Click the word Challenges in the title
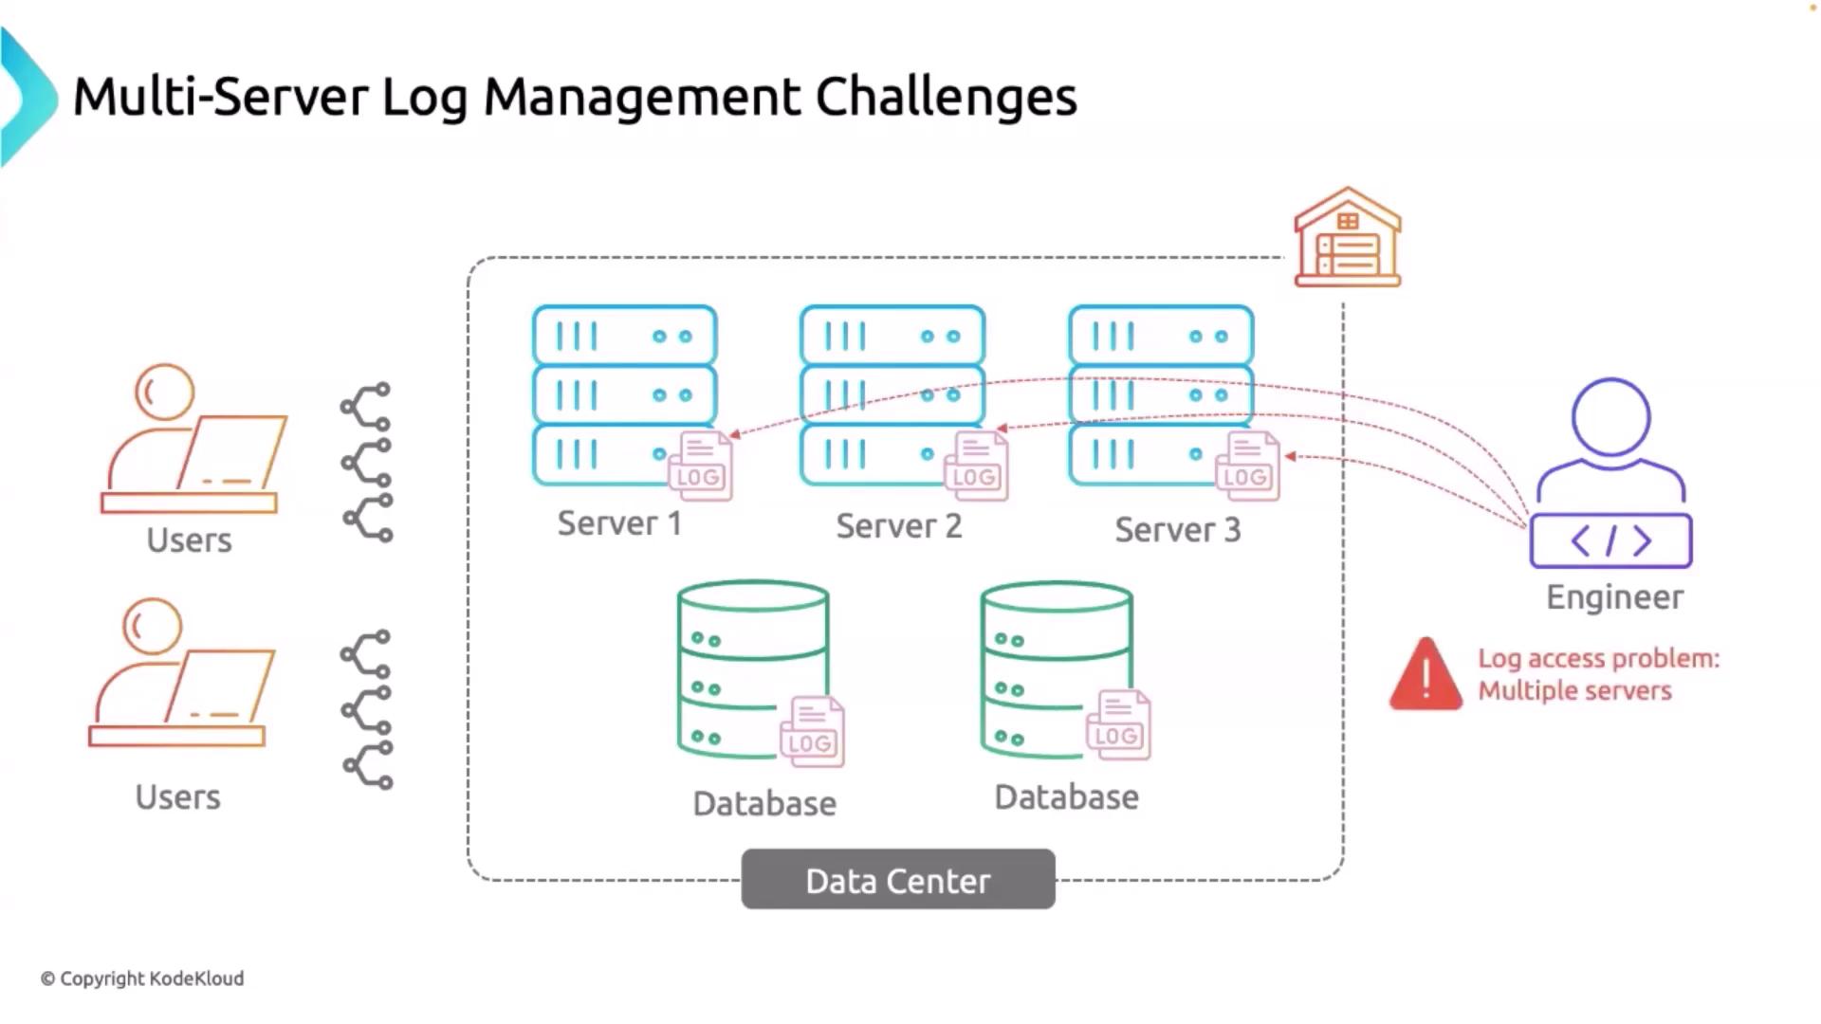946,97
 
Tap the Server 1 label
619,523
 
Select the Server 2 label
898,526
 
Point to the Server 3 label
1177,530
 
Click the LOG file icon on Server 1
701,466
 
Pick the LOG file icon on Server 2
976,466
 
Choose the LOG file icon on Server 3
1248,466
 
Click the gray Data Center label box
897,880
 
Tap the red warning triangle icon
1426,675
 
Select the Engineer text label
1614,597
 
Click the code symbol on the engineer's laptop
1610,541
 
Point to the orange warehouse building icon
1348,238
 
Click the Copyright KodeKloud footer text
142,978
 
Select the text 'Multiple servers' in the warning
1574,690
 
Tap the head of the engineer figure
1610,417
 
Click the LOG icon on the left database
812,732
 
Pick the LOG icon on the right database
1117,725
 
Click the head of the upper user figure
164,392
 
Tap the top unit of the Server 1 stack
624,336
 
